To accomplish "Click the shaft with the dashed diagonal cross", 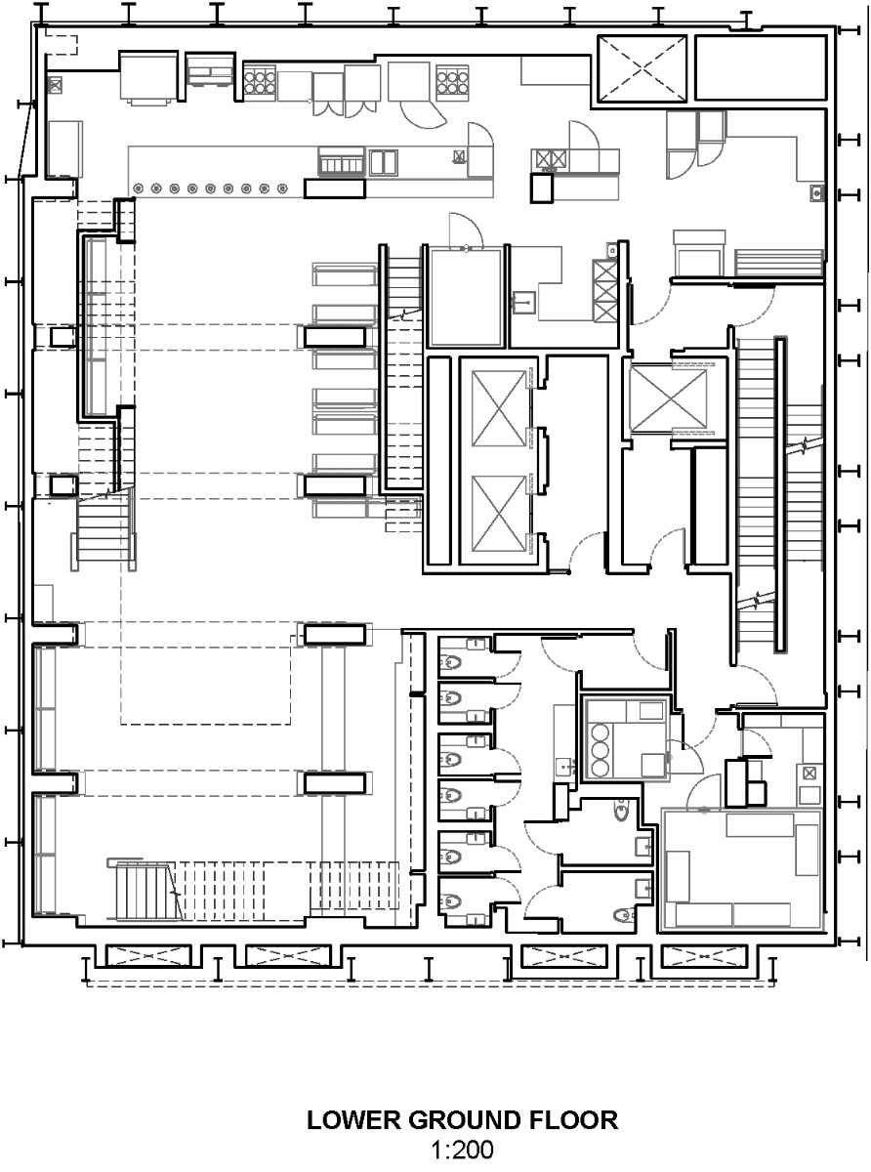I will pyautogui.click(x=641, y=68).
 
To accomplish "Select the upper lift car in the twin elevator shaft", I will pyautogui.click(x=499, y=409).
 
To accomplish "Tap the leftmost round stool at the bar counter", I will pyautogui.click(x=138, y=187).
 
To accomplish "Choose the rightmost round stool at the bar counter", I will pyautogui.click(x=282, y=187).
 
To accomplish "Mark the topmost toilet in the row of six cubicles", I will pyautogui.click(x=451, y=651).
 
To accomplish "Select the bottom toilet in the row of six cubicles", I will pyautogui.click(x=451, y=900).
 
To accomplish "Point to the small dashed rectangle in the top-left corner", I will pyautogui.click(x=62, y=44).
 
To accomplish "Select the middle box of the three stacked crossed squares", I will pyautogui.click(x=605, y=291).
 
